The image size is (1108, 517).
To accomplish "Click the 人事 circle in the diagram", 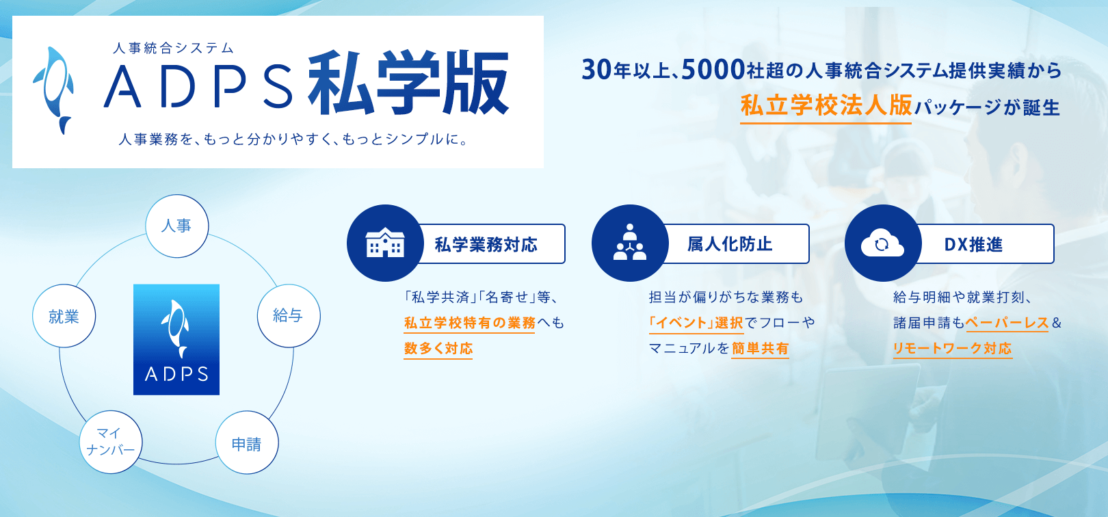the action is pos(176,226).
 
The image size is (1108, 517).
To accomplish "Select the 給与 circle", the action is pos(289,316).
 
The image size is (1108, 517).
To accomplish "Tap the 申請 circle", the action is pos(247,442).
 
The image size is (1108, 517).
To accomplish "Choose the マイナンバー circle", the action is pos(111,442).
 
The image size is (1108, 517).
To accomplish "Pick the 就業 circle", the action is pos(64,316).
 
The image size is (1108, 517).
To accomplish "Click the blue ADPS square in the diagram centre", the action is pos(176,339).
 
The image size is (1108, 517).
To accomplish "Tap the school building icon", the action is pos(385,243).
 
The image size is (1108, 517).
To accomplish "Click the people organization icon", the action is pos(630,242).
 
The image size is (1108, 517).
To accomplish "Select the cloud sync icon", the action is pos(882,243).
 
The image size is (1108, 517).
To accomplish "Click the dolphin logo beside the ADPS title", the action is pos(53,90).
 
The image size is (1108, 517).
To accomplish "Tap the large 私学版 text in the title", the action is pos(409,83).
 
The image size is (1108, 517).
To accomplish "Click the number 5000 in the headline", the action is pos(713,70).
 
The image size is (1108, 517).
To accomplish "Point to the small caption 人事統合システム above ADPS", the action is pos(173,48).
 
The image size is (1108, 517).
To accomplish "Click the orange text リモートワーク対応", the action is pos(952,348).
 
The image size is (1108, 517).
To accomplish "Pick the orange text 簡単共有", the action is pos(760,348).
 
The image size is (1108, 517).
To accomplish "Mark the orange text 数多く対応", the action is pos(438,348).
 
